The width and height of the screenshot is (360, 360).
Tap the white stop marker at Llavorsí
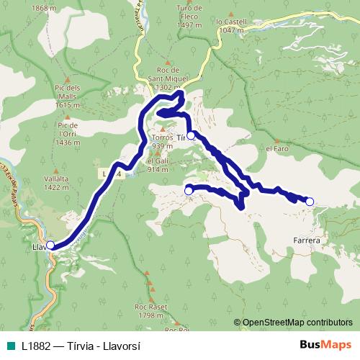click(50, 246)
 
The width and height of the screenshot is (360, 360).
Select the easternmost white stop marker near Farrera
click(310, 202)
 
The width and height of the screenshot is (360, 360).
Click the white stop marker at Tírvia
click(191, 135)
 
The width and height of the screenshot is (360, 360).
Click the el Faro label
click(277, 149)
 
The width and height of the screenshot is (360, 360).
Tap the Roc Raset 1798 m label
click(150, 310)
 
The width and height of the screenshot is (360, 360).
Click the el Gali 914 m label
click(158, 166)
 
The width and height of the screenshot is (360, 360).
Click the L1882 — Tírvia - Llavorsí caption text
click(81, 345)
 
